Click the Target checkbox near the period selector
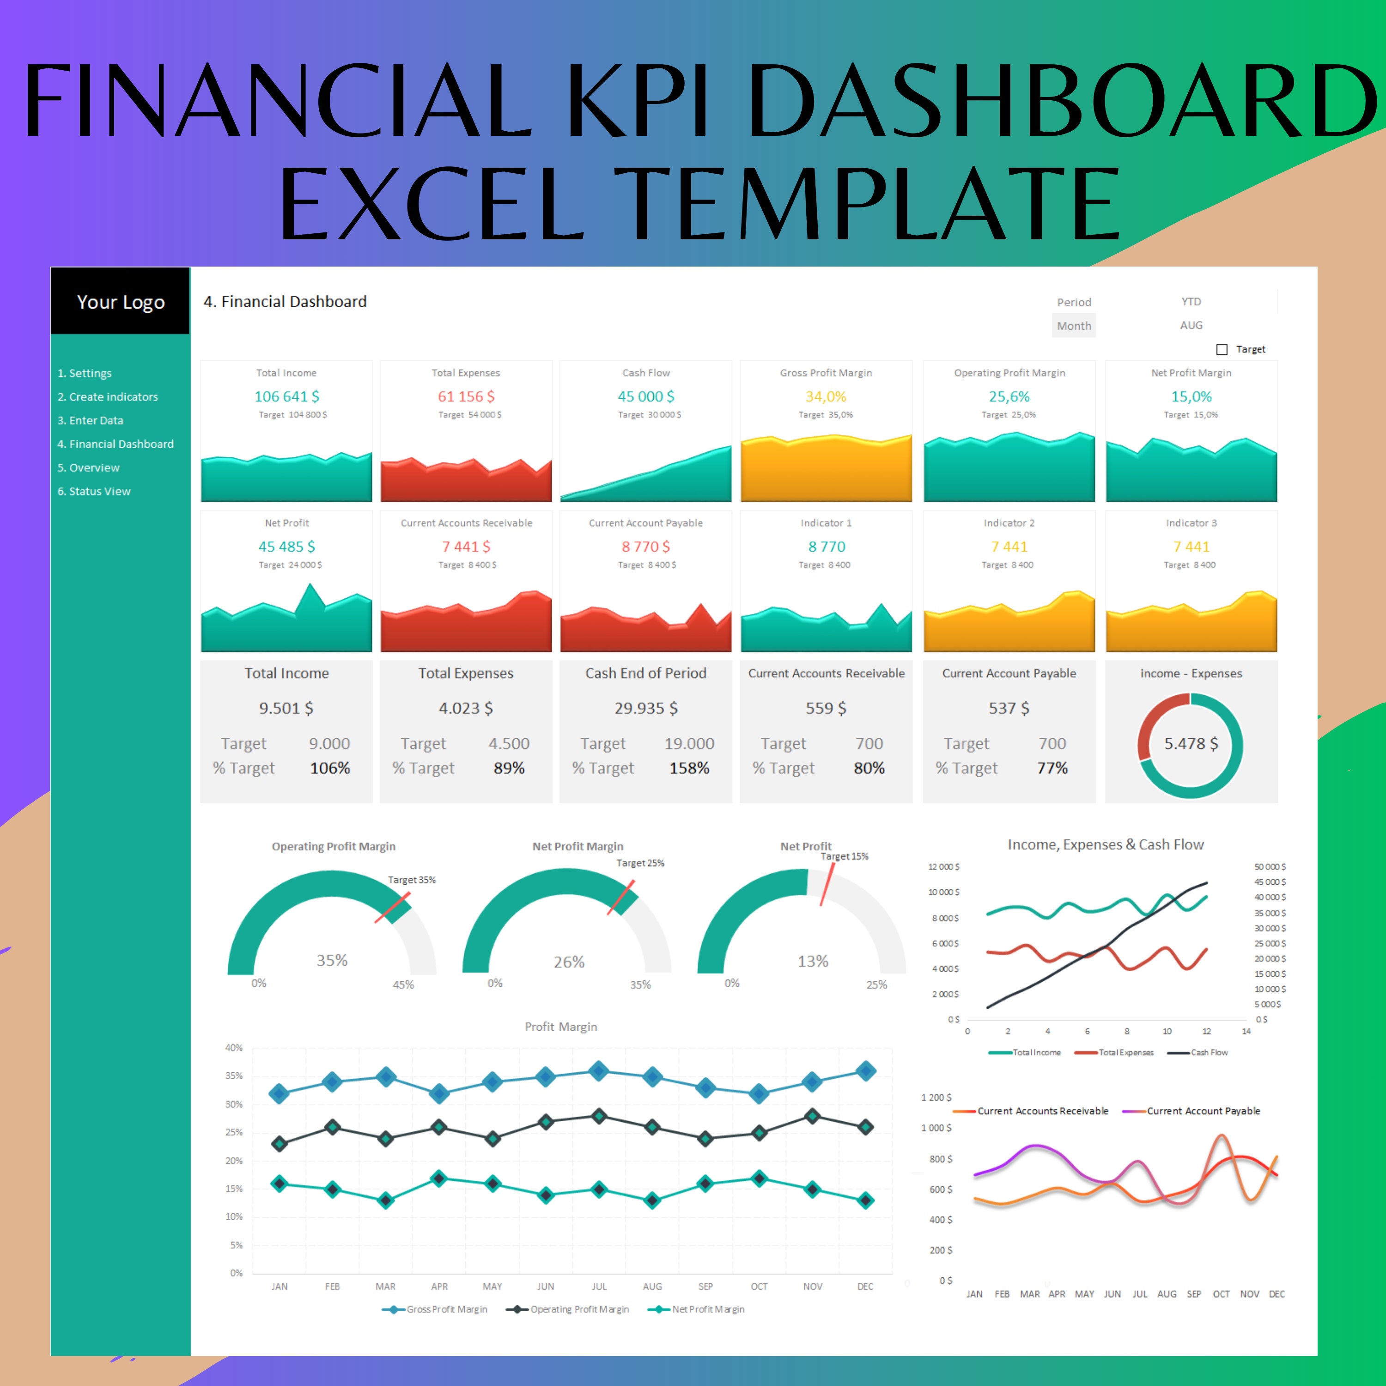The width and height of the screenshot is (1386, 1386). pyautogui.click(x=1222, y=349)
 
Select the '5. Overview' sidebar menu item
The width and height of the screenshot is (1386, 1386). pyautogui.click(x=89, y=468)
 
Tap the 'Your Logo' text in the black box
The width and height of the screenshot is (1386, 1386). pyautogui.click(x=121, y=302)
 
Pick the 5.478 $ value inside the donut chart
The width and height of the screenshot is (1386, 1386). pyautogui.click(x=1191, y=743)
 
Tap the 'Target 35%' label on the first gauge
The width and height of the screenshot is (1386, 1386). pyautogui.click(x=412, y=880)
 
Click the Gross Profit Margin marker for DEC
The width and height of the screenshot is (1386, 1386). pyautogui.click(x=866, y=1071)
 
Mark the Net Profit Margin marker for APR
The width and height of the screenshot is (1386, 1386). pyautogui.click(x=439, y=1178)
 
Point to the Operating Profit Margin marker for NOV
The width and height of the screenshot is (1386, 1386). pyautogui.click(x=812, y=1116)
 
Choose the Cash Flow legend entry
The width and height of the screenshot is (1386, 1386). pyautogui.click(x=1209, y=1052)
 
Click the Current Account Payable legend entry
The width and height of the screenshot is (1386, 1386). pyautogui.click(x=1203, y=1111)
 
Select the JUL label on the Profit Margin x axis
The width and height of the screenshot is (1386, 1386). pyautogui.click(x=599, y=1286)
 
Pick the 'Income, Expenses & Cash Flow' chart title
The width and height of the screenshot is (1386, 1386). pyautogui.click(x=1106, y=845)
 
